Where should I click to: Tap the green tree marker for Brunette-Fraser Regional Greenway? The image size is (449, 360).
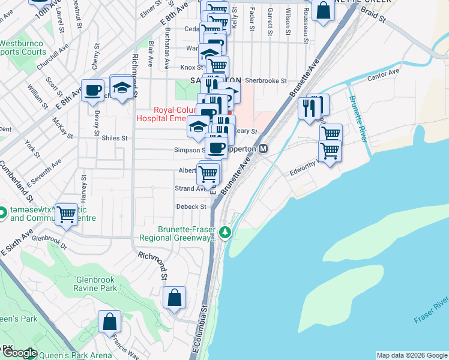pos(225,232)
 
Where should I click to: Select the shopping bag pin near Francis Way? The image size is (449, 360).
pos(110,322)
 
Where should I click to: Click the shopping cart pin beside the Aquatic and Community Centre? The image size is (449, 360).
pos(66,214)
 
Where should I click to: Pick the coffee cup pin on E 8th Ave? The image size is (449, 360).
pos(92,91)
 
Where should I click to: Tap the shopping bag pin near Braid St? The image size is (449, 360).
pos(323,11)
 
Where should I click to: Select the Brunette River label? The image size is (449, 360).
pos(357,118)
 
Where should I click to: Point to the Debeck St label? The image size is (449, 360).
pos(191,206)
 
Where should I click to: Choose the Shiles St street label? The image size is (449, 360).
pos(116,138)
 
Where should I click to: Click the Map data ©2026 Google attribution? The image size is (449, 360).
pos(412,355)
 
